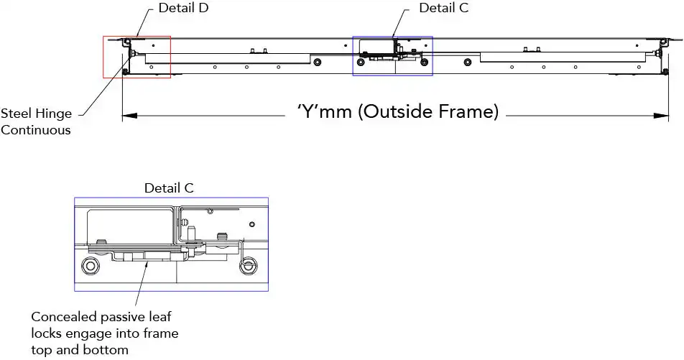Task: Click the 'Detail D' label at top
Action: (183, 8)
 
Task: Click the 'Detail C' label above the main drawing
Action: (443, 8)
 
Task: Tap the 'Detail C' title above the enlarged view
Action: (169, 188)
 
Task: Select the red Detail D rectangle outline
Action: (137, 57)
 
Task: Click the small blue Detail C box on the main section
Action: (392, 56)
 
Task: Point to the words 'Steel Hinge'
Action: (36, 114)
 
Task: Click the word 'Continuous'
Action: (36, 130)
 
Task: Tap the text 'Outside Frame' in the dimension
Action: (430, 111)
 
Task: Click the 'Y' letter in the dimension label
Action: (308, 111)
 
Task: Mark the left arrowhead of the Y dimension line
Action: (129, 116)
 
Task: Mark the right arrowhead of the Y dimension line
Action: (661, 116)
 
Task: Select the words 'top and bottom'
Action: (80, 350)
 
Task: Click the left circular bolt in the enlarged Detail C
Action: (91, 266)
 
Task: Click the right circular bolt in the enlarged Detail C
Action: (248, 266)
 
